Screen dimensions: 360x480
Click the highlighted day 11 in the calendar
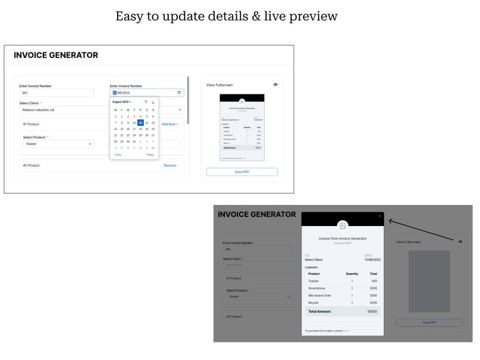[140, 122]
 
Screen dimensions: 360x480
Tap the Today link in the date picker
[150, 155]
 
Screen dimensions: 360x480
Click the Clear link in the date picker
[118, 155]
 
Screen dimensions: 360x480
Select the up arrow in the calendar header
[146, 102]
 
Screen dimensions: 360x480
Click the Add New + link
[170, 124]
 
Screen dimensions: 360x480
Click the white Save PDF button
[242, 172]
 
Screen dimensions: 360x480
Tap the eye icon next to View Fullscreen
[276, 84]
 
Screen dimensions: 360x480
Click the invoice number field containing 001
[56, 93]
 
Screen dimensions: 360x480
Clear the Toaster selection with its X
[90, 144]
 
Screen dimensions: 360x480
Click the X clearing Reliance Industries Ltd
[180, 110]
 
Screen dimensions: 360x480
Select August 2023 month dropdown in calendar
[121, 102]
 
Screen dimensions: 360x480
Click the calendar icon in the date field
[179, 93]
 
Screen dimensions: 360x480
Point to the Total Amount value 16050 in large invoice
[372, 312]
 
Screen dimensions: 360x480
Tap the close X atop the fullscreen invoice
[379, 216]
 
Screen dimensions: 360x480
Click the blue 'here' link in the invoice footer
[346, 331]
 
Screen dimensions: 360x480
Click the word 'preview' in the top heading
[313, 16]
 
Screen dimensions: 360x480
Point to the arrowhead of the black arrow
[389, 220]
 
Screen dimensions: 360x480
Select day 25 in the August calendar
[140, 135]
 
